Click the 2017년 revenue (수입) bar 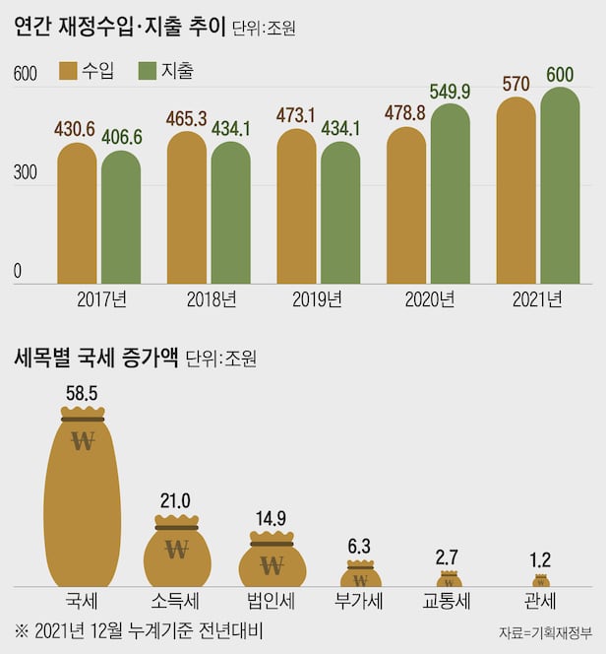(x=77, y=215)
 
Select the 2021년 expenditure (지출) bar (x=560, y=187)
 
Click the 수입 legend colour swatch (x=69, y=70)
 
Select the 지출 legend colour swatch (x=151, y=70)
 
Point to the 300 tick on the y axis (x=26, y=172)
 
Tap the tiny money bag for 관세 (x=541, y=582)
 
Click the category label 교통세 (x=450, y=601)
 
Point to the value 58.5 (x=83, y=393)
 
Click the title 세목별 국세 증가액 (x=95, y=357)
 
